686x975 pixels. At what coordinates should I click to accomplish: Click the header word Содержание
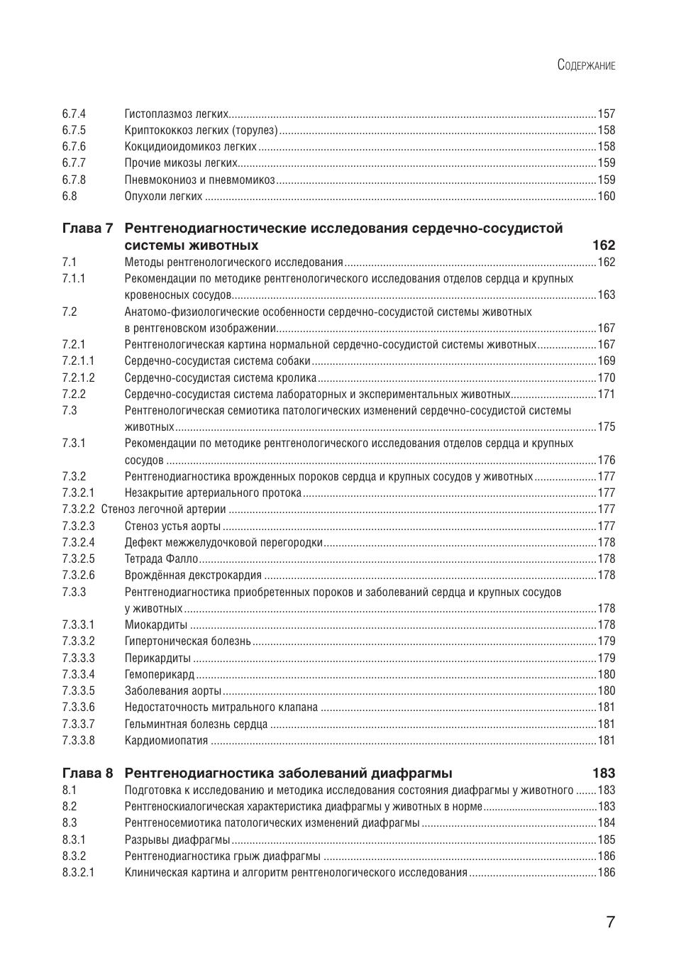586,65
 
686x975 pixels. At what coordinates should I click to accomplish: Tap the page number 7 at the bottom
610,922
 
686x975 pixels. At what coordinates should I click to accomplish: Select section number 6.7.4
74,114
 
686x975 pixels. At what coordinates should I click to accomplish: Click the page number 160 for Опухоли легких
607,196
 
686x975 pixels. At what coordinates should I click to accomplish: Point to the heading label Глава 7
87,228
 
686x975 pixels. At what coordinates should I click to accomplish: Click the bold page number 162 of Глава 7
604,246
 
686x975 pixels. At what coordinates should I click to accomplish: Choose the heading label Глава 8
87,773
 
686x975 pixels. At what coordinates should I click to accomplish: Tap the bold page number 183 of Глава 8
604,773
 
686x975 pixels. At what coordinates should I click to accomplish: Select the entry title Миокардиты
156,625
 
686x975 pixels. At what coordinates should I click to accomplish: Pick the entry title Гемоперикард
160,675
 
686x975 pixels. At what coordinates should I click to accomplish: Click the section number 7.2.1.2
78,378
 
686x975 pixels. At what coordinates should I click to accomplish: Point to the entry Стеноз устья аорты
172,526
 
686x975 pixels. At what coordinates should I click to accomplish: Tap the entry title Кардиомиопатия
167,741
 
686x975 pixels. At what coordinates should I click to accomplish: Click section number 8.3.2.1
78,872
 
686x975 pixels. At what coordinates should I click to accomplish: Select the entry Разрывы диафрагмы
177,839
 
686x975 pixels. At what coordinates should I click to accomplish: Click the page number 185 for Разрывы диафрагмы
607,839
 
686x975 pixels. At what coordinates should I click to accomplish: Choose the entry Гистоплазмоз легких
177,114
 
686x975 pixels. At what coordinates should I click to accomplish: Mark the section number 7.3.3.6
78,707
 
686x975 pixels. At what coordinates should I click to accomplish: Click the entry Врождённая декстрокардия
193,575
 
